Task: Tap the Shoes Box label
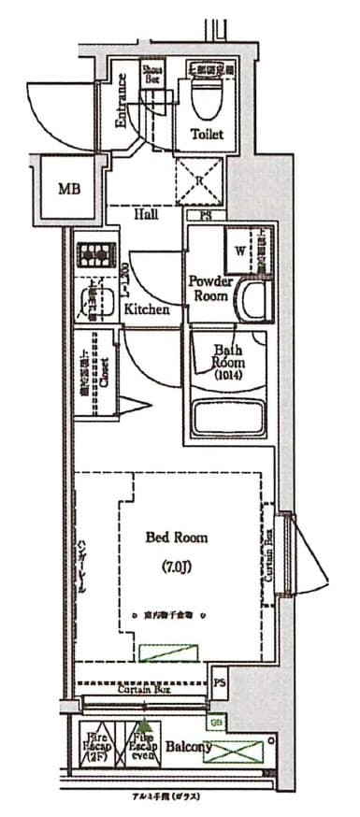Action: pos(151,75)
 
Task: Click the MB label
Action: pos(69,189)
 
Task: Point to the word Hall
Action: pos(145,214)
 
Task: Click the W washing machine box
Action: pos(240,251)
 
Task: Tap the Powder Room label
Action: pos(210,287)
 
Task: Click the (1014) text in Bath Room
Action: pos(226,377)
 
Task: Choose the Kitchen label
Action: pos(147,308)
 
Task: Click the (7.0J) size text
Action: pos(177,567)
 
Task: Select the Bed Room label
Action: pos(177,537)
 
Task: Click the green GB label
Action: pos(216,721)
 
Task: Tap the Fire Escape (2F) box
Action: pos(96,747)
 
